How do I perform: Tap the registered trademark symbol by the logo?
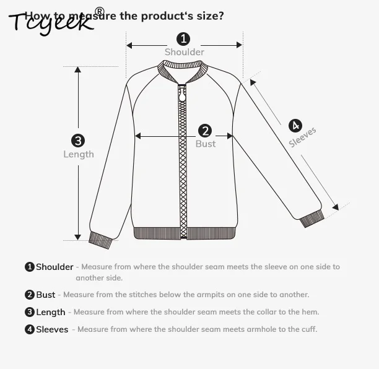[99, 11]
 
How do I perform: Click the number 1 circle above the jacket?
[184, 39]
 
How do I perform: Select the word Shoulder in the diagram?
[184, 52]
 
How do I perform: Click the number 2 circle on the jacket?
[205, 131]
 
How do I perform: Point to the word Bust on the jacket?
[206, 144]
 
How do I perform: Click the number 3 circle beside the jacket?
[78, 141]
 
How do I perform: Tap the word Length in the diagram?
[79, 154]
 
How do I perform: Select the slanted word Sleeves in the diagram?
[303, 137]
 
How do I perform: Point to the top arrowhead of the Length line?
[78, 69]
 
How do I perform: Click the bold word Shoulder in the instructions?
[54, 267]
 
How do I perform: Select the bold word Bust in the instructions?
[46, 295]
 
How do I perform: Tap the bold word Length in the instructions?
[50, 312]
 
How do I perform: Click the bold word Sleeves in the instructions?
[52, 329]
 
